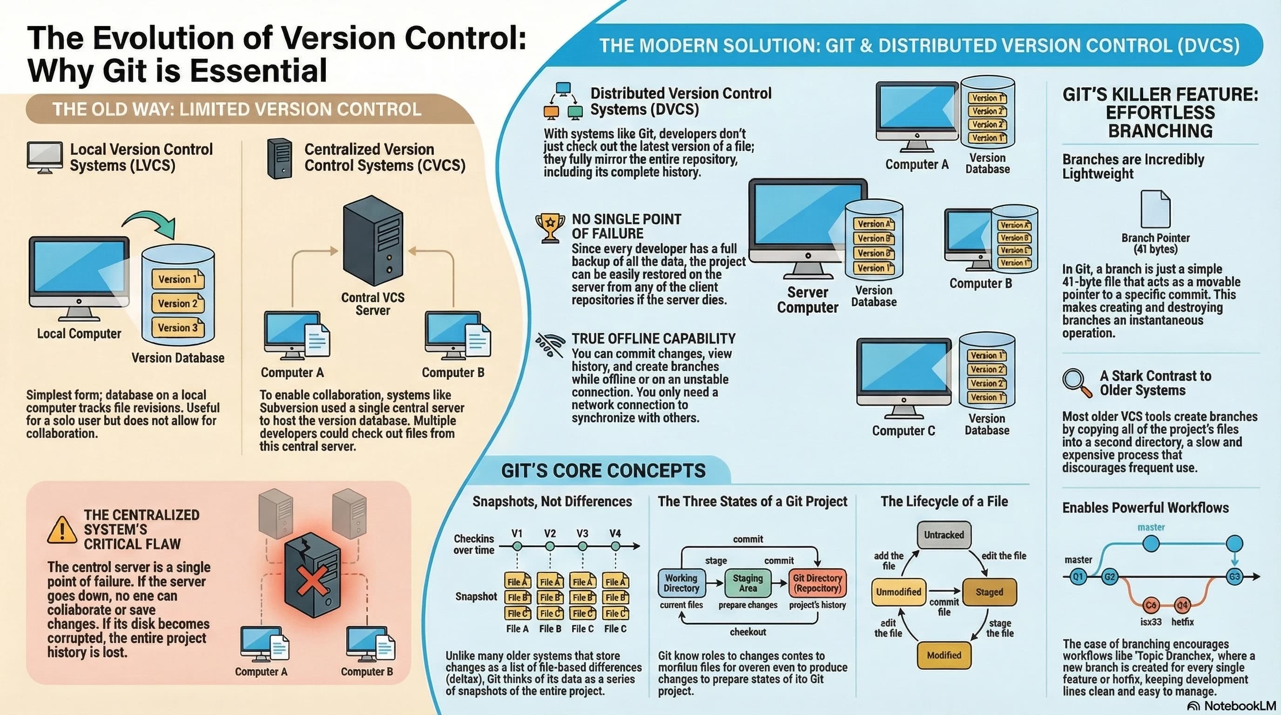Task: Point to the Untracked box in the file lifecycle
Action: [x=944, y=535]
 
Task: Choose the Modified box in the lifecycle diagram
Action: [x=944, y=655]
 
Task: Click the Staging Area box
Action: [x=748, y=583]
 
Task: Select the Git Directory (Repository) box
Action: [x=817, y=583]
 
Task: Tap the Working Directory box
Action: [x=681, y=583]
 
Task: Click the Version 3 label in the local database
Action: [x=177, y=328]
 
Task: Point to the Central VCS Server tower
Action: [x=373, y=240]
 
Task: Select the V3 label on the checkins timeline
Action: [x=582, y=533]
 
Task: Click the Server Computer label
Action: [x=807, y=300]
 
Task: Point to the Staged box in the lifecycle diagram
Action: [x=989, y=592]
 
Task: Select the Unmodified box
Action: [x=898, y=592]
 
